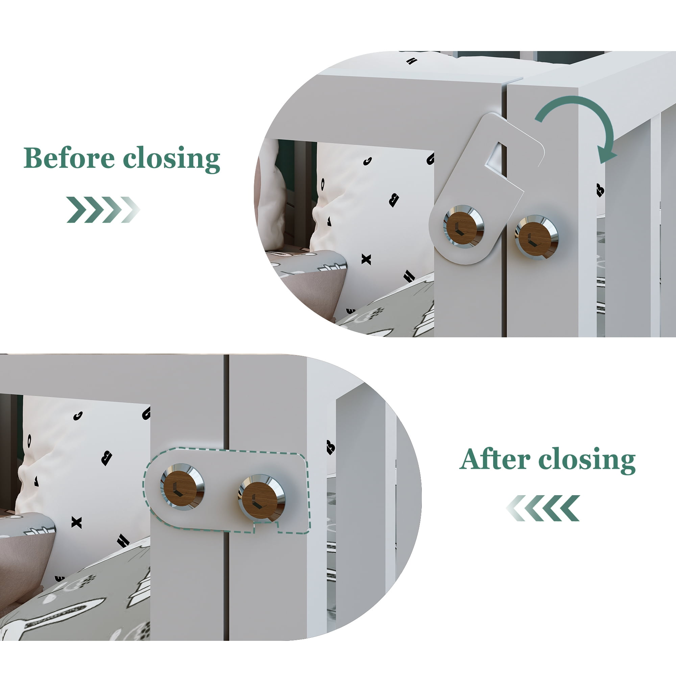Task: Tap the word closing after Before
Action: pyautogui.click(x=171, y=160)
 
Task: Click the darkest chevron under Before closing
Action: pyautogui.click(x=76, y=210)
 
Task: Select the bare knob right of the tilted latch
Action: pyautogui.click(x=537, y=237)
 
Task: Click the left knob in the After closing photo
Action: pyautogui.click(x=182, y=487)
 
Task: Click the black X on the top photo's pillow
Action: pyautogui.click(x=366, y=259)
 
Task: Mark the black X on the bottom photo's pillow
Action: pyautogui.click(x=76, y=523)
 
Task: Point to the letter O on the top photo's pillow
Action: pyautogui.click(x=323, y=183)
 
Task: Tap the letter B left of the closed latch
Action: pyautogui.click(x=106, y=458)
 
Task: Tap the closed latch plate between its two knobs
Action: pyautogui.click(x=221, y=490)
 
